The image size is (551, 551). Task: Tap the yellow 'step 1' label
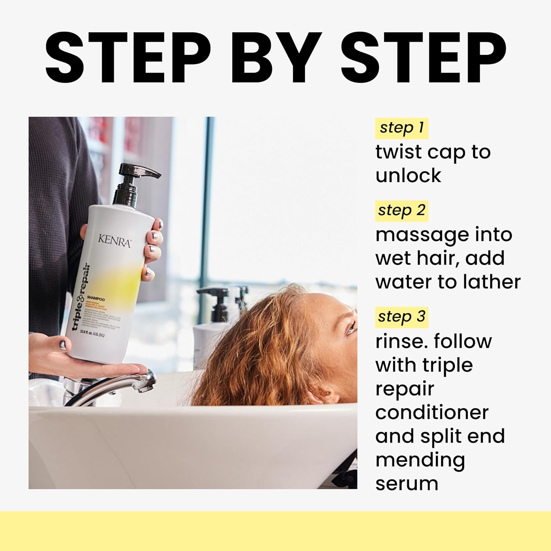point(401,128)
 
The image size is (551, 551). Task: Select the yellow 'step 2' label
point(401,211)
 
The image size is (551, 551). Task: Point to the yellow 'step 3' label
point(401,317)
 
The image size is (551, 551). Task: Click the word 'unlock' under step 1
point(408,176)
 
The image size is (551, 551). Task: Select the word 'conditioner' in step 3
point(432,413)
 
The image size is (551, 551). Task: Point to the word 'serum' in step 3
point(407,484)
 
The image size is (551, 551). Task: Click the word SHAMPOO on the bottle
point(95,299)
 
